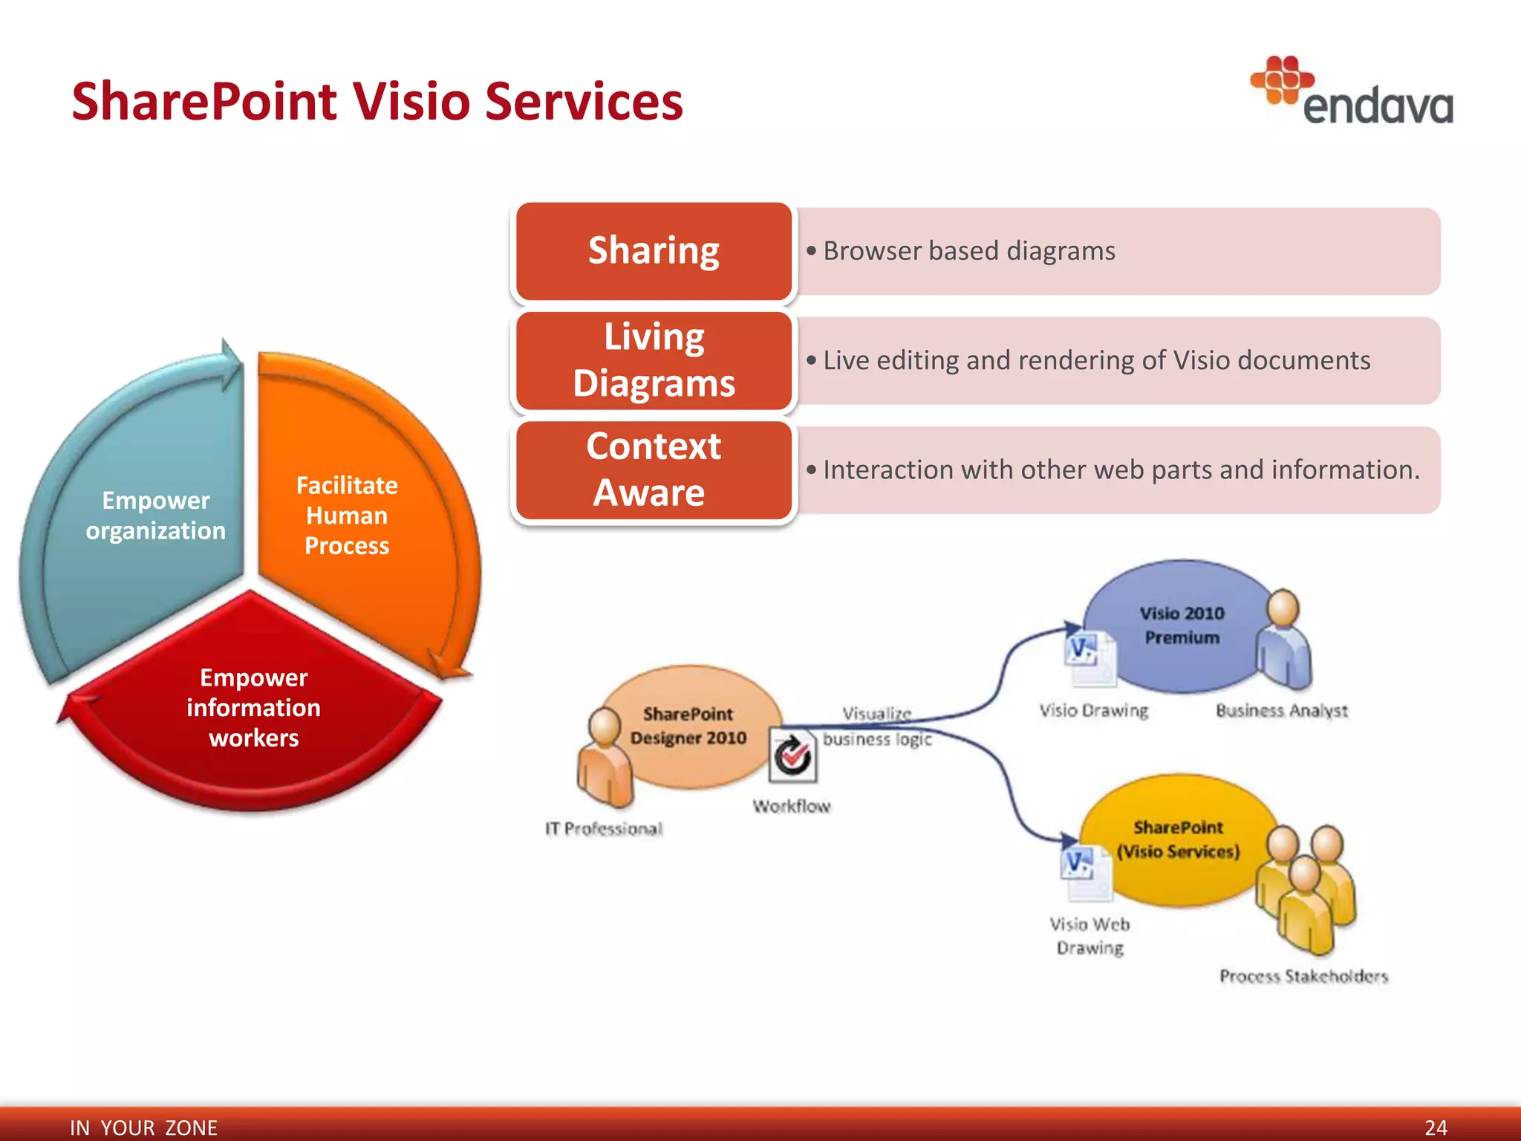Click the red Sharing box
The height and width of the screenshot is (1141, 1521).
pyautogui.click(x=654, y=251)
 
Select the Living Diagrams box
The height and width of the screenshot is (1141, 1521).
pyautogui.click(x=654, y=360)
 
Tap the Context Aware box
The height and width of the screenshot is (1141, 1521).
pyautogui.click(x=654, y=469)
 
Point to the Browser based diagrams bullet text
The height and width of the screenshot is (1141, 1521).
pyautogui.click(x=968, y=251)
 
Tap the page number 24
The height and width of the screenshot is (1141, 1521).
pyautogui.click(x=1436, y=1127)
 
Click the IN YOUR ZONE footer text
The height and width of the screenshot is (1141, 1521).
pyautogui.click(x=143, y=1127)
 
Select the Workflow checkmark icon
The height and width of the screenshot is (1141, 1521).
pyautogui.click(x=792, y=756)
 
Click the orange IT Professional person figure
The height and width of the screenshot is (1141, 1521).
pyautogui.click(x=605, y=758)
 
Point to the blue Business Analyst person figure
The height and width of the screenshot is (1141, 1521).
pyautogui.click(x=1283, y=639)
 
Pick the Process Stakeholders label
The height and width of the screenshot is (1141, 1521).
pyautogui.click(x=1303, y=976)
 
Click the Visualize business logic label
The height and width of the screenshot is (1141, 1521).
pyautogui.click(x=877, y=726)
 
